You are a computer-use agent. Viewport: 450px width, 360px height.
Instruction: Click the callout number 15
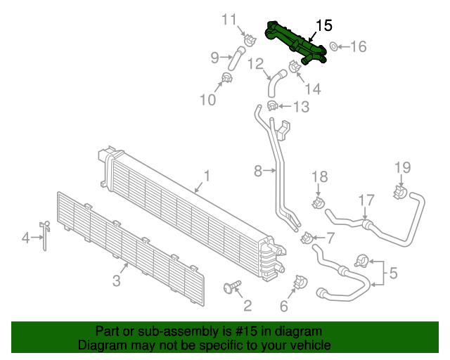(x=323, y=25)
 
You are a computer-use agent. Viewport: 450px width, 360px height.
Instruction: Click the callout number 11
(x=230, y=19)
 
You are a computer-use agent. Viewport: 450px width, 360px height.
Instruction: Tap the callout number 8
(x=257, y=170)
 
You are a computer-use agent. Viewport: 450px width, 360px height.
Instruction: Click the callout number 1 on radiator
(x=207, y=175)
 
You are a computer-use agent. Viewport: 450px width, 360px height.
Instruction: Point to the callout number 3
(x=117, y=281)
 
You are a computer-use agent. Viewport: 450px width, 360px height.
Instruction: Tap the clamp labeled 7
(x=307, y=238)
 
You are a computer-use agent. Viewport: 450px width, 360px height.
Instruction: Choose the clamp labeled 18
(x=317, y=203)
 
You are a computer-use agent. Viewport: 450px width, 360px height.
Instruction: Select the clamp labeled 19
(x=399, y=191)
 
